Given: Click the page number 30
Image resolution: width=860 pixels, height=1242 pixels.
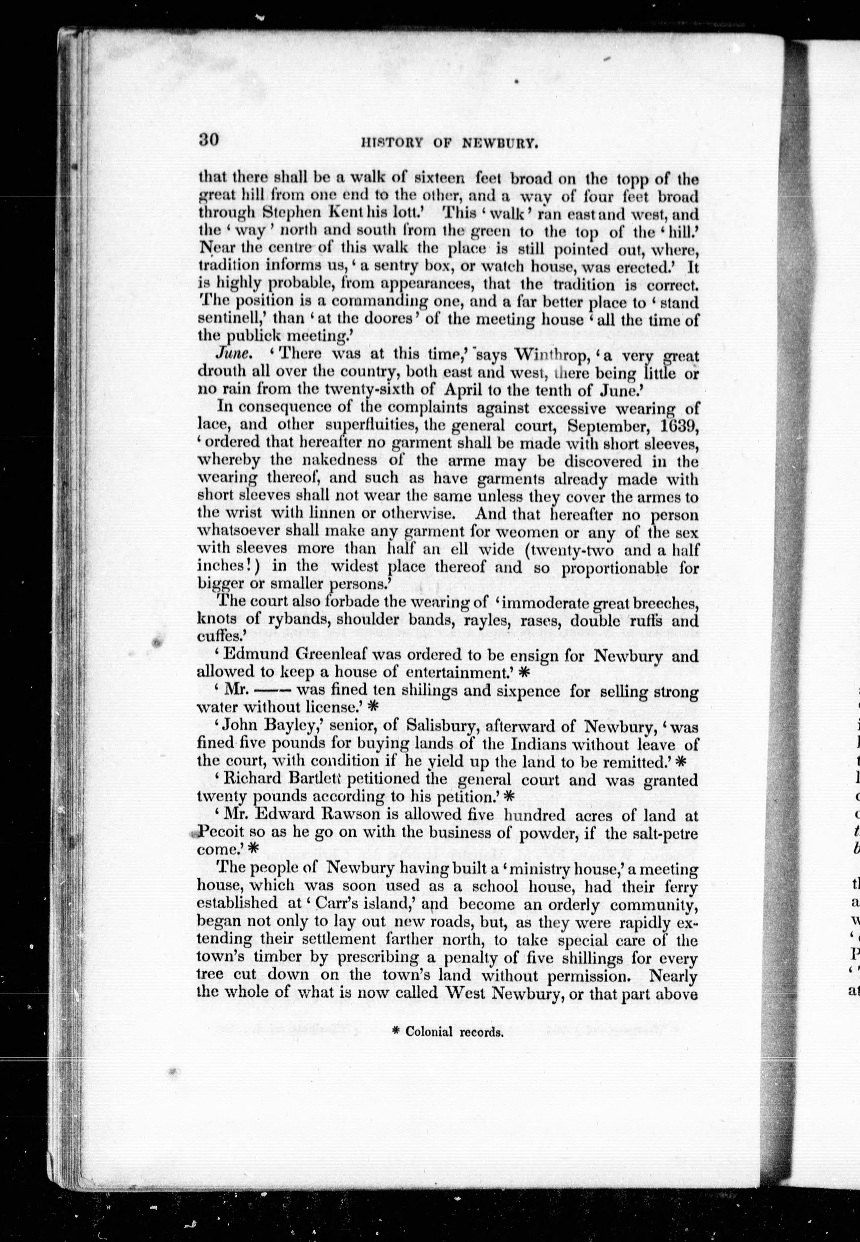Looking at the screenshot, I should pos(208,141).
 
